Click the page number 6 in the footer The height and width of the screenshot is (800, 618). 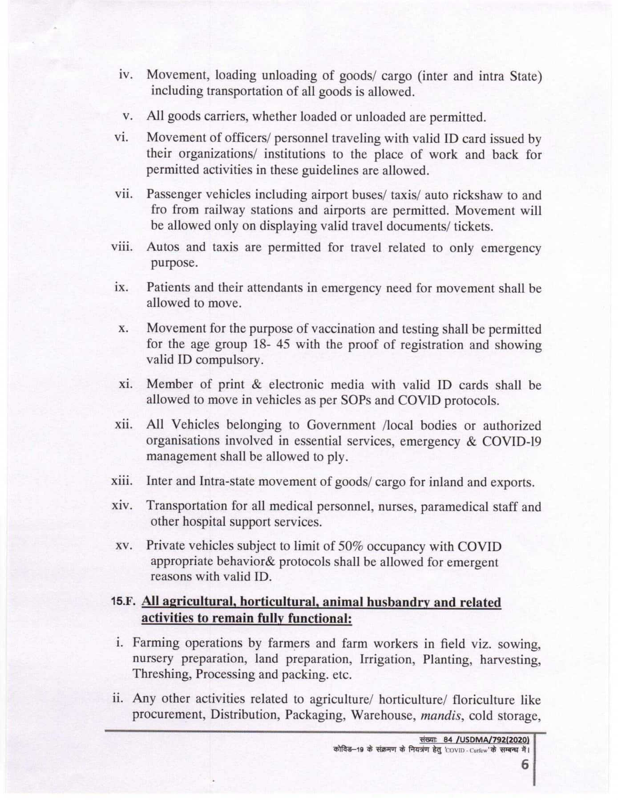point(525,764)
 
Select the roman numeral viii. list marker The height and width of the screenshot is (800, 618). point(122,247)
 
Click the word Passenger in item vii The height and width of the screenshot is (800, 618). point(172,195)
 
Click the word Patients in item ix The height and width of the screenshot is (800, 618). point(169,288)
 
